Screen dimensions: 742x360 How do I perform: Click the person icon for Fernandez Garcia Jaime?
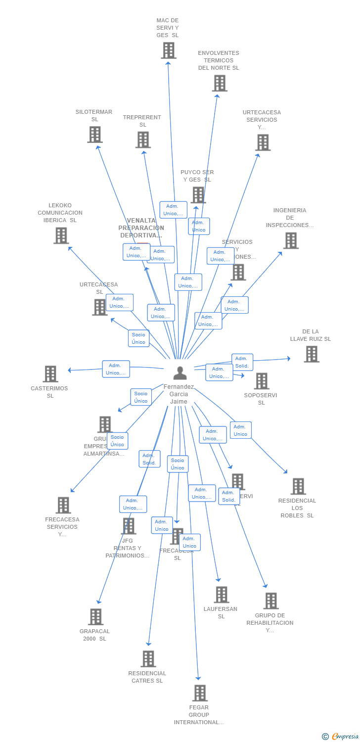point(180,372)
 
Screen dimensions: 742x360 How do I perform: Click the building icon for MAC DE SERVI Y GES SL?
point(169,50)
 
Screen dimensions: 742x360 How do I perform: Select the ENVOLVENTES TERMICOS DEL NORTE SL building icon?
point(220,83)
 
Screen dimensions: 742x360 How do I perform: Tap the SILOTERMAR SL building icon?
point(95,135)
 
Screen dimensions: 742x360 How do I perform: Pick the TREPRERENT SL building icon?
point(143,140)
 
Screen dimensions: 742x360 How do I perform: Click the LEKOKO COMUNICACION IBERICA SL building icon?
point(61,235)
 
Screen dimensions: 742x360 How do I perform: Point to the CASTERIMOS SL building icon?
point(50,374)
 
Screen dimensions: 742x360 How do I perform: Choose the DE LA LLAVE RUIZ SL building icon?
point(311,354)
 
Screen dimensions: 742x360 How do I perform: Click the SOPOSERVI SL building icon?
point(262,381)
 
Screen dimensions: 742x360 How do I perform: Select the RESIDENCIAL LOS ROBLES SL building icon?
point(298,486)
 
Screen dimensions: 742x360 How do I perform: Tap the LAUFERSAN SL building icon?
point(222,595)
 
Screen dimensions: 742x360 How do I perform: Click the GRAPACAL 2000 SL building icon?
point(96,617)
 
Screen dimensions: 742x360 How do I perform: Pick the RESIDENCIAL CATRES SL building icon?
point(148,659)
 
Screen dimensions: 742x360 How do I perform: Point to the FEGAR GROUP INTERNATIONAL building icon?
point(200,693)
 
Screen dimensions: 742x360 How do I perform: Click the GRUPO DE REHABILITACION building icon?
point(271,601)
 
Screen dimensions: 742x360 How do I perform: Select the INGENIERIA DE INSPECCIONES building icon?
point(291,240)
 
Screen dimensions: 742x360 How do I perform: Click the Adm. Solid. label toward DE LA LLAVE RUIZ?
point(242,362)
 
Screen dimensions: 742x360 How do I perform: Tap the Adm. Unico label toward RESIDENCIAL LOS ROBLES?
point(240,430)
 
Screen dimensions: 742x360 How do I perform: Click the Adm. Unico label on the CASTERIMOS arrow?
point(116,369)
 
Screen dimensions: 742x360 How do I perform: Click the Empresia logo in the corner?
point(341,737)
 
